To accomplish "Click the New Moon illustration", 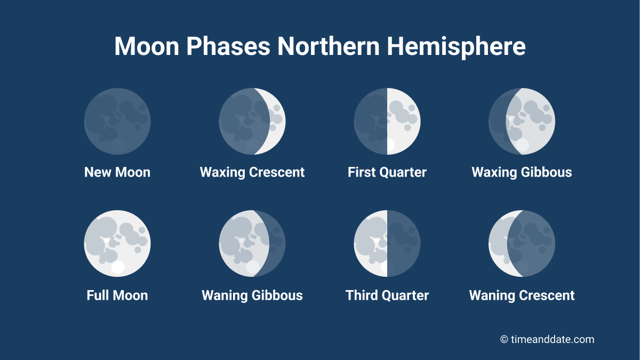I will click(x=117, y=121).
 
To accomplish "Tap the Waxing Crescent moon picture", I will click(x=252, y=121).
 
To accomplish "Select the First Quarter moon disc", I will click(x=387, y=121).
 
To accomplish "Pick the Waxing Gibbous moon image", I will click(x=522, y=121).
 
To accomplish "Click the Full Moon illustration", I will click(x=117, y=243).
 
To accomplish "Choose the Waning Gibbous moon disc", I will click(x=252, y=243).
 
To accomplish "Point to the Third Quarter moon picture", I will click(x=387, y=243).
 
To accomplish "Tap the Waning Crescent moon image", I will click(x=522, y=243).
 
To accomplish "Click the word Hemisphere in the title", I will click(x=457, y=46).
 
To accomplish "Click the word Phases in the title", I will click(x=228, y=46).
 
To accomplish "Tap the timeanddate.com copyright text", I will click(x=547, y=339).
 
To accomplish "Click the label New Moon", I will click(x=117, y=172).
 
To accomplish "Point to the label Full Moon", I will click(x=117, y=295).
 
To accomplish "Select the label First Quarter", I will click(x=387, y=172).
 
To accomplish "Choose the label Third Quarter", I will click(x=387, y=295).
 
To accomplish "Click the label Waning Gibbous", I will click(x=252, y=295).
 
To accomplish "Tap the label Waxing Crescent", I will click(x=252, y=172).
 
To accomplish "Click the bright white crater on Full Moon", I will click(x=117, y=267).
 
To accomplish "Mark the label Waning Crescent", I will click(x=522, y=295).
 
